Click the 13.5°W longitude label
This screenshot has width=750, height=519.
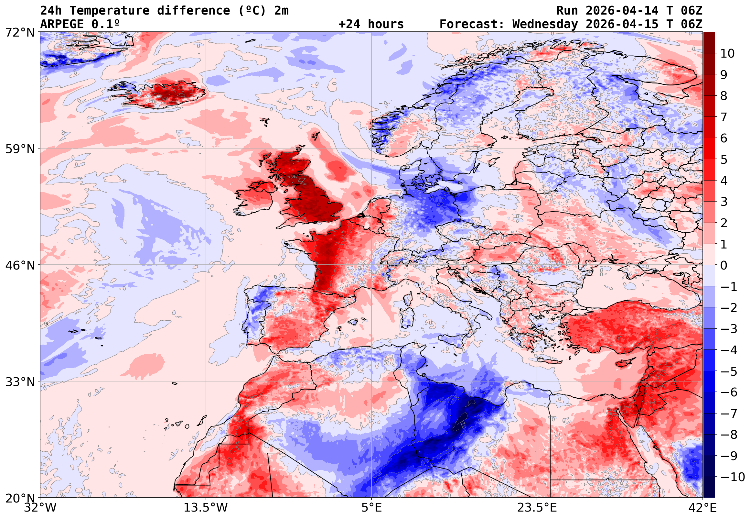pos(206,507)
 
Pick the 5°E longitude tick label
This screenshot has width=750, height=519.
pos(371,507)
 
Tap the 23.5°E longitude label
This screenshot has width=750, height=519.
pos(537,507)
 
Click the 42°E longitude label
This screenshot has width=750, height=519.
pos(702,507)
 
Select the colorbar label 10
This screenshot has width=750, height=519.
pos(727,53)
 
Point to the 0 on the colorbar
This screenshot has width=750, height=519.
pos(724,265)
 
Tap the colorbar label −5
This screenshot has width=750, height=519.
pos(729,371)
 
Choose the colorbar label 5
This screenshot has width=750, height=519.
pos(724,160)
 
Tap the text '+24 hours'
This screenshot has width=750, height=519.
pos(371,24)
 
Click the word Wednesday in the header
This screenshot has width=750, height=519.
pos(545,24)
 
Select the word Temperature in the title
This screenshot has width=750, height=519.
pos(109,11)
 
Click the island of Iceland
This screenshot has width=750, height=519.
pos(166,94)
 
